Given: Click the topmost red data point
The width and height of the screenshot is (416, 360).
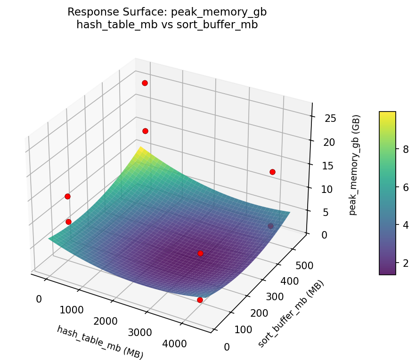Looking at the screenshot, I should coord(145,83).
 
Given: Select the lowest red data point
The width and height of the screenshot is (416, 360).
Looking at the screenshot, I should coord(200,300).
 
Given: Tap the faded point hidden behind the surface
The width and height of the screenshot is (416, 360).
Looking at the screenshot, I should coord(270,226).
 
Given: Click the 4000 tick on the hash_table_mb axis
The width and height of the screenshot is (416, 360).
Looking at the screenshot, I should coord(175,344).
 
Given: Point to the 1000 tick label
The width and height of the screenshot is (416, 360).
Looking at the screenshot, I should coord(72,310).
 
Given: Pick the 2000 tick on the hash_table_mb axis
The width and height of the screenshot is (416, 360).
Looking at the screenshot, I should coord(106,321).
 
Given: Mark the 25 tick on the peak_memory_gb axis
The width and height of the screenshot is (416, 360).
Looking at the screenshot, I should coord(331,118).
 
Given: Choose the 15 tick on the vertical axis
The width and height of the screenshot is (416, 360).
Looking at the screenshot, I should coord(331,166).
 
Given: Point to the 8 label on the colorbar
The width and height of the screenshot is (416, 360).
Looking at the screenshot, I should coord(405,150).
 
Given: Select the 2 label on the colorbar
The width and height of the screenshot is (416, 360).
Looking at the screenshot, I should coord(405,262).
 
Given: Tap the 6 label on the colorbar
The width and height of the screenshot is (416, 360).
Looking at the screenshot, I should coord(405,187).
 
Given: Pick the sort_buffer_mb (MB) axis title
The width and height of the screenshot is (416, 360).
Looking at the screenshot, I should coord(291,314).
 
